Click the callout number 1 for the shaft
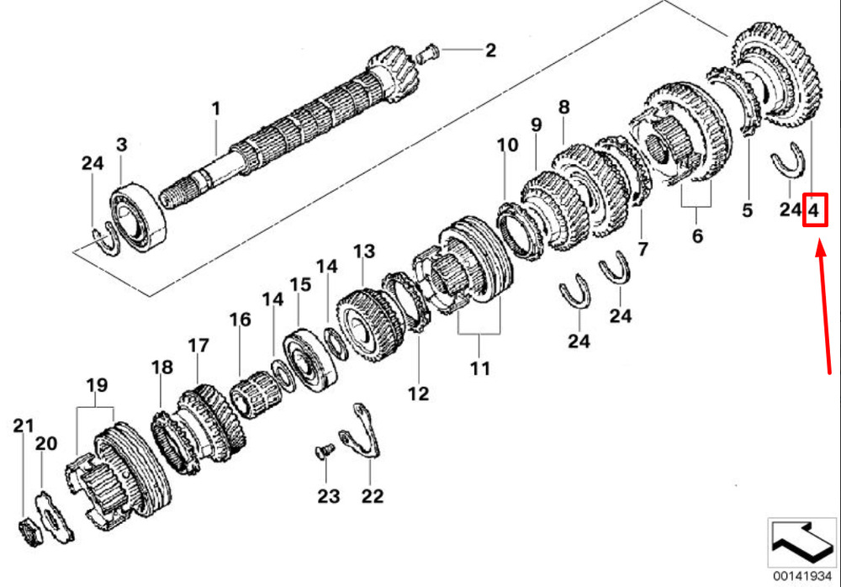pos(216,109)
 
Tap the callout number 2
pos(490,50)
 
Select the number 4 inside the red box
pos(813,209)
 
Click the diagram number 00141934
pos(801,576)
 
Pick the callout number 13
pos(363,251)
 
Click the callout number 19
pos(97,384)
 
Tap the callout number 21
pos(23,426)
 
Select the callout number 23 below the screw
pos(328,496)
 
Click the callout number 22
pos(373,496)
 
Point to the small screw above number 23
pos(325,451)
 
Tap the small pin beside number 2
pos(428,53)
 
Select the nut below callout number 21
pos(30,532)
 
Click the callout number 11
pos(480,368)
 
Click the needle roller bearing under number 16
pos(256,394)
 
